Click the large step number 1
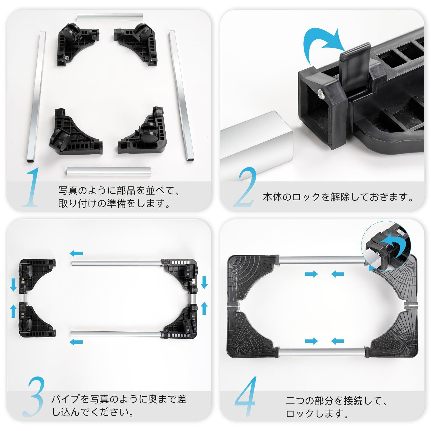(x=31, y=187)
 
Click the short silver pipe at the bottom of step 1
(x=109, y=171)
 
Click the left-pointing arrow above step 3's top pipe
(x=76, y=253)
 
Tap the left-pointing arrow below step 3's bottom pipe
(x=76, y=342)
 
